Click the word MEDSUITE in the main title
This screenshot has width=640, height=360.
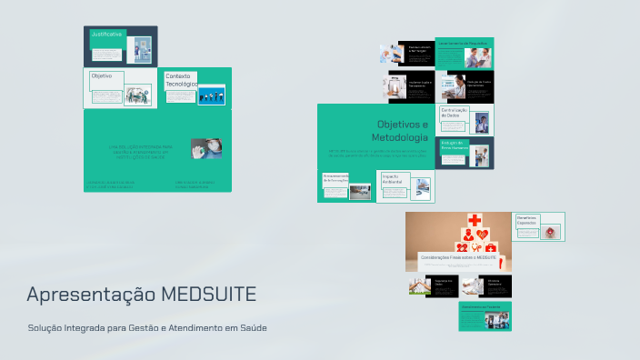(209, 295)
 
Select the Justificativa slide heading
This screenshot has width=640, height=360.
(106, 34)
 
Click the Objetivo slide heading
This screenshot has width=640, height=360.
(102, 76)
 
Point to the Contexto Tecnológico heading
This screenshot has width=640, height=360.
(179, 80)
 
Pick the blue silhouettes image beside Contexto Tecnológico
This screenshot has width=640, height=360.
(212, 95)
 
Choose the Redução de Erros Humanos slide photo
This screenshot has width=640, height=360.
(481, 156)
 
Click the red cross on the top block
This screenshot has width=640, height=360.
(475, 220)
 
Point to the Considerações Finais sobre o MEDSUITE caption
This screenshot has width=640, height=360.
(458, 258)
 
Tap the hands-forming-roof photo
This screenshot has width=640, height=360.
(421, 287)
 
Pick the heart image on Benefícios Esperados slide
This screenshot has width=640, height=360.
(551, 233)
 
